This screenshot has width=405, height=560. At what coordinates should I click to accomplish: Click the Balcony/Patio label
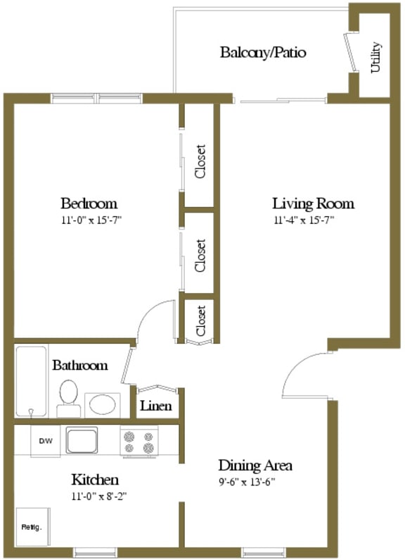pyautogui.click(x=263, y=53)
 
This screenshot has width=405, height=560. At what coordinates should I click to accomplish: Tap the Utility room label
pyautogui.click(x=375, y=58)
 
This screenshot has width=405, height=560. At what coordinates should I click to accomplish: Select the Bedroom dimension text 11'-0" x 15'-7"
pyautogui.click(x=91, y=220)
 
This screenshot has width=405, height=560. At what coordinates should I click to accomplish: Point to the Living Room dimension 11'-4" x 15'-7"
pyautogui.click(x=304, y=220)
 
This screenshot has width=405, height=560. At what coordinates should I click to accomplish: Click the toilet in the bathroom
pyautogui.click(x=68, y=398)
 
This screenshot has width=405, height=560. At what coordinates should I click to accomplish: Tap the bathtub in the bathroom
pyautogui.click(x=32, y=381)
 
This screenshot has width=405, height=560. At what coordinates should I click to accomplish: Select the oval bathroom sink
pyautogui.click(x=103, y=404)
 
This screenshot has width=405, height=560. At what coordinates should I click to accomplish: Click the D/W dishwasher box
pyautogui.click(x=45, y=441)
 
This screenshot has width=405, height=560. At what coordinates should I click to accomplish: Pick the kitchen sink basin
pyautogui.click(x=82, y=440)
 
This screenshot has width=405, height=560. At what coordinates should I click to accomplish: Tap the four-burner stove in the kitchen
pyautogui.click(x=139, y=442)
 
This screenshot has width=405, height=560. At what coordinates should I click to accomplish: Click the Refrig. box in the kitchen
pyautogui.click(x=32, y=527)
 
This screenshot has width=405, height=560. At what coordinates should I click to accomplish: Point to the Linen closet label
pyautogui.click(x=156, y=406)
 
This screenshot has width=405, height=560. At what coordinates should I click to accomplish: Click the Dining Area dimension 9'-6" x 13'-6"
pyautogui.click(x=246, y=482)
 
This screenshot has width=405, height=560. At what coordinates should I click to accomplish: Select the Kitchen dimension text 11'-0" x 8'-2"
pyautogui.click(x=99, y=496)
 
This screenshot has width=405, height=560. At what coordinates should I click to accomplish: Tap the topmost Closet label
pyautogui.click(x=200, y=161)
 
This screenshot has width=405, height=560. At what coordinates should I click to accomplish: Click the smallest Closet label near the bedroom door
pyautogui.click(x=200, y=321)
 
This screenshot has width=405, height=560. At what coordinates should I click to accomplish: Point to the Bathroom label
pyautogui.click(x=80, y=365)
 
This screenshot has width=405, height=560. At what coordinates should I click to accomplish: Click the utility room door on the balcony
pyautogui.click(x=349, y=52)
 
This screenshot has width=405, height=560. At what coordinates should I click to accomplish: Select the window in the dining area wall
pyautogui.click(x=264, y=552)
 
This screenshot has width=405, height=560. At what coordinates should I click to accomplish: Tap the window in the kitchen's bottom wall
pyautogui.click(x=95, y=552)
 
